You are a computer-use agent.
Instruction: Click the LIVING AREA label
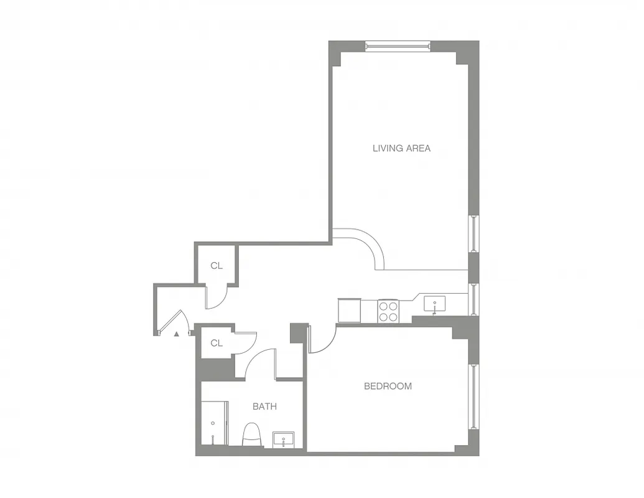point(401,148)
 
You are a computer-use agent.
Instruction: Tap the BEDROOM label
point(388,386)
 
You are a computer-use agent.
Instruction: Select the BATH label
point(264,406)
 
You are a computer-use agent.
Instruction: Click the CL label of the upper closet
point(216,266)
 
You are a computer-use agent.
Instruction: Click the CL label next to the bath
point(216,343)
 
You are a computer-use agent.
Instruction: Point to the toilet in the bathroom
point(252,435)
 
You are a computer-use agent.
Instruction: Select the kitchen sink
point(434,304)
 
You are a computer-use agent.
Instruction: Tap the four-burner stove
point(389,311)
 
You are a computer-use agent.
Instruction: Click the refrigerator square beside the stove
point(349,309)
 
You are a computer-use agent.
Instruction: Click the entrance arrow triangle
point(177,334)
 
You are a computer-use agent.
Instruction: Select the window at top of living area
point(397,45)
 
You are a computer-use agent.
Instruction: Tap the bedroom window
point(474,396)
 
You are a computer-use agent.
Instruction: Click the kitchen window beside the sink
point(474,299)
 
